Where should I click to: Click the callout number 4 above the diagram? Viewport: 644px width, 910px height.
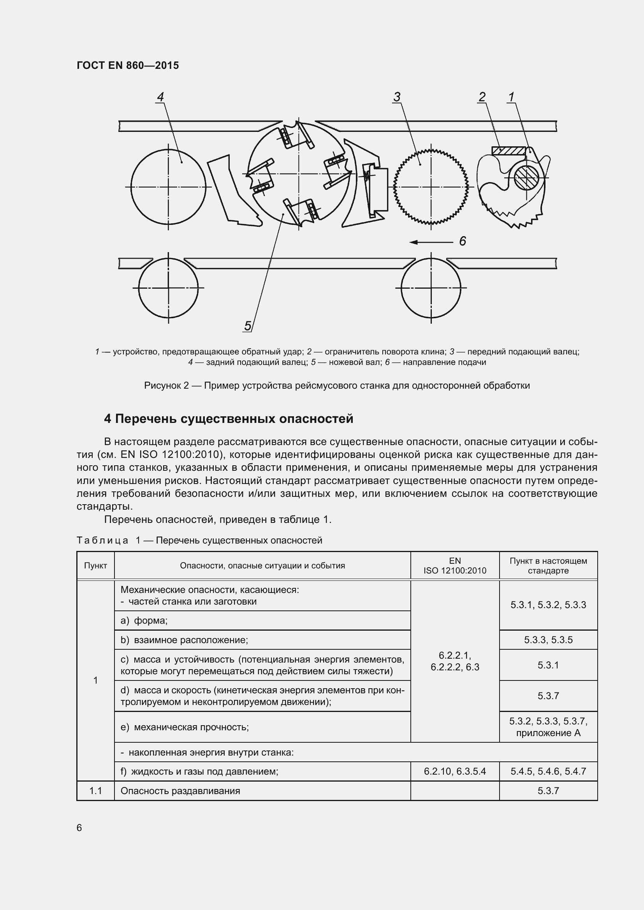point(160,97)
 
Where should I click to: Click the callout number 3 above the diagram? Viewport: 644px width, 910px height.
point(397,97)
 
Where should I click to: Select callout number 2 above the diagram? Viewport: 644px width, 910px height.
point(482,97)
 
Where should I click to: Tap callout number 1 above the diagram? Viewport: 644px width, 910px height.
point(511,97)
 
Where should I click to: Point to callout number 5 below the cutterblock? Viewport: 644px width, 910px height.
point(248,326)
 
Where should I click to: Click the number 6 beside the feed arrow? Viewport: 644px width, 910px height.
point(463,241)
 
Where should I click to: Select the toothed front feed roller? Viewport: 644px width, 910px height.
point(431,186)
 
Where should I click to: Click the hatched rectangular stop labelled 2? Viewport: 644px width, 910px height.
point(508,151)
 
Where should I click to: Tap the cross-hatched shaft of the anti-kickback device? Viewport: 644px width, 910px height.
point(526,177)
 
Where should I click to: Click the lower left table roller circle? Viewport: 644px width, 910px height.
point(168,288)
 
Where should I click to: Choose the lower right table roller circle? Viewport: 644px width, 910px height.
point(431,288)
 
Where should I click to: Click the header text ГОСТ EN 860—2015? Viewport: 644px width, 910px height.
point(128,65)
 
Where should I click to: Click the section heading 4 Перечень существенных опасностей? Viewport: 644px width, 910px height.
point(229,419)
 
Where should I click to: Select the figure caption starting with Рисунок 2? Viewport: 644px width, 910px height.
point(337,385)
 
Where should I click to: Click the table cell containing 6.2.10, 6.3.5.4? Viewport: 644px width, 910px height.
point(454,771)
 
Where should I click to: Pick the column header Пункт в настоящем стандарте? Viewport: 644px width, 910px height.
point(548,566)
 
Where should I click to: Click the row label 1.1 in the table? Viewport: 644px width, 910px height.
point(95,791)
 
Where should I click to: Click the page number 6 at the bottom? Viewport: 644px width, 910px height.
point(79,828)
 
